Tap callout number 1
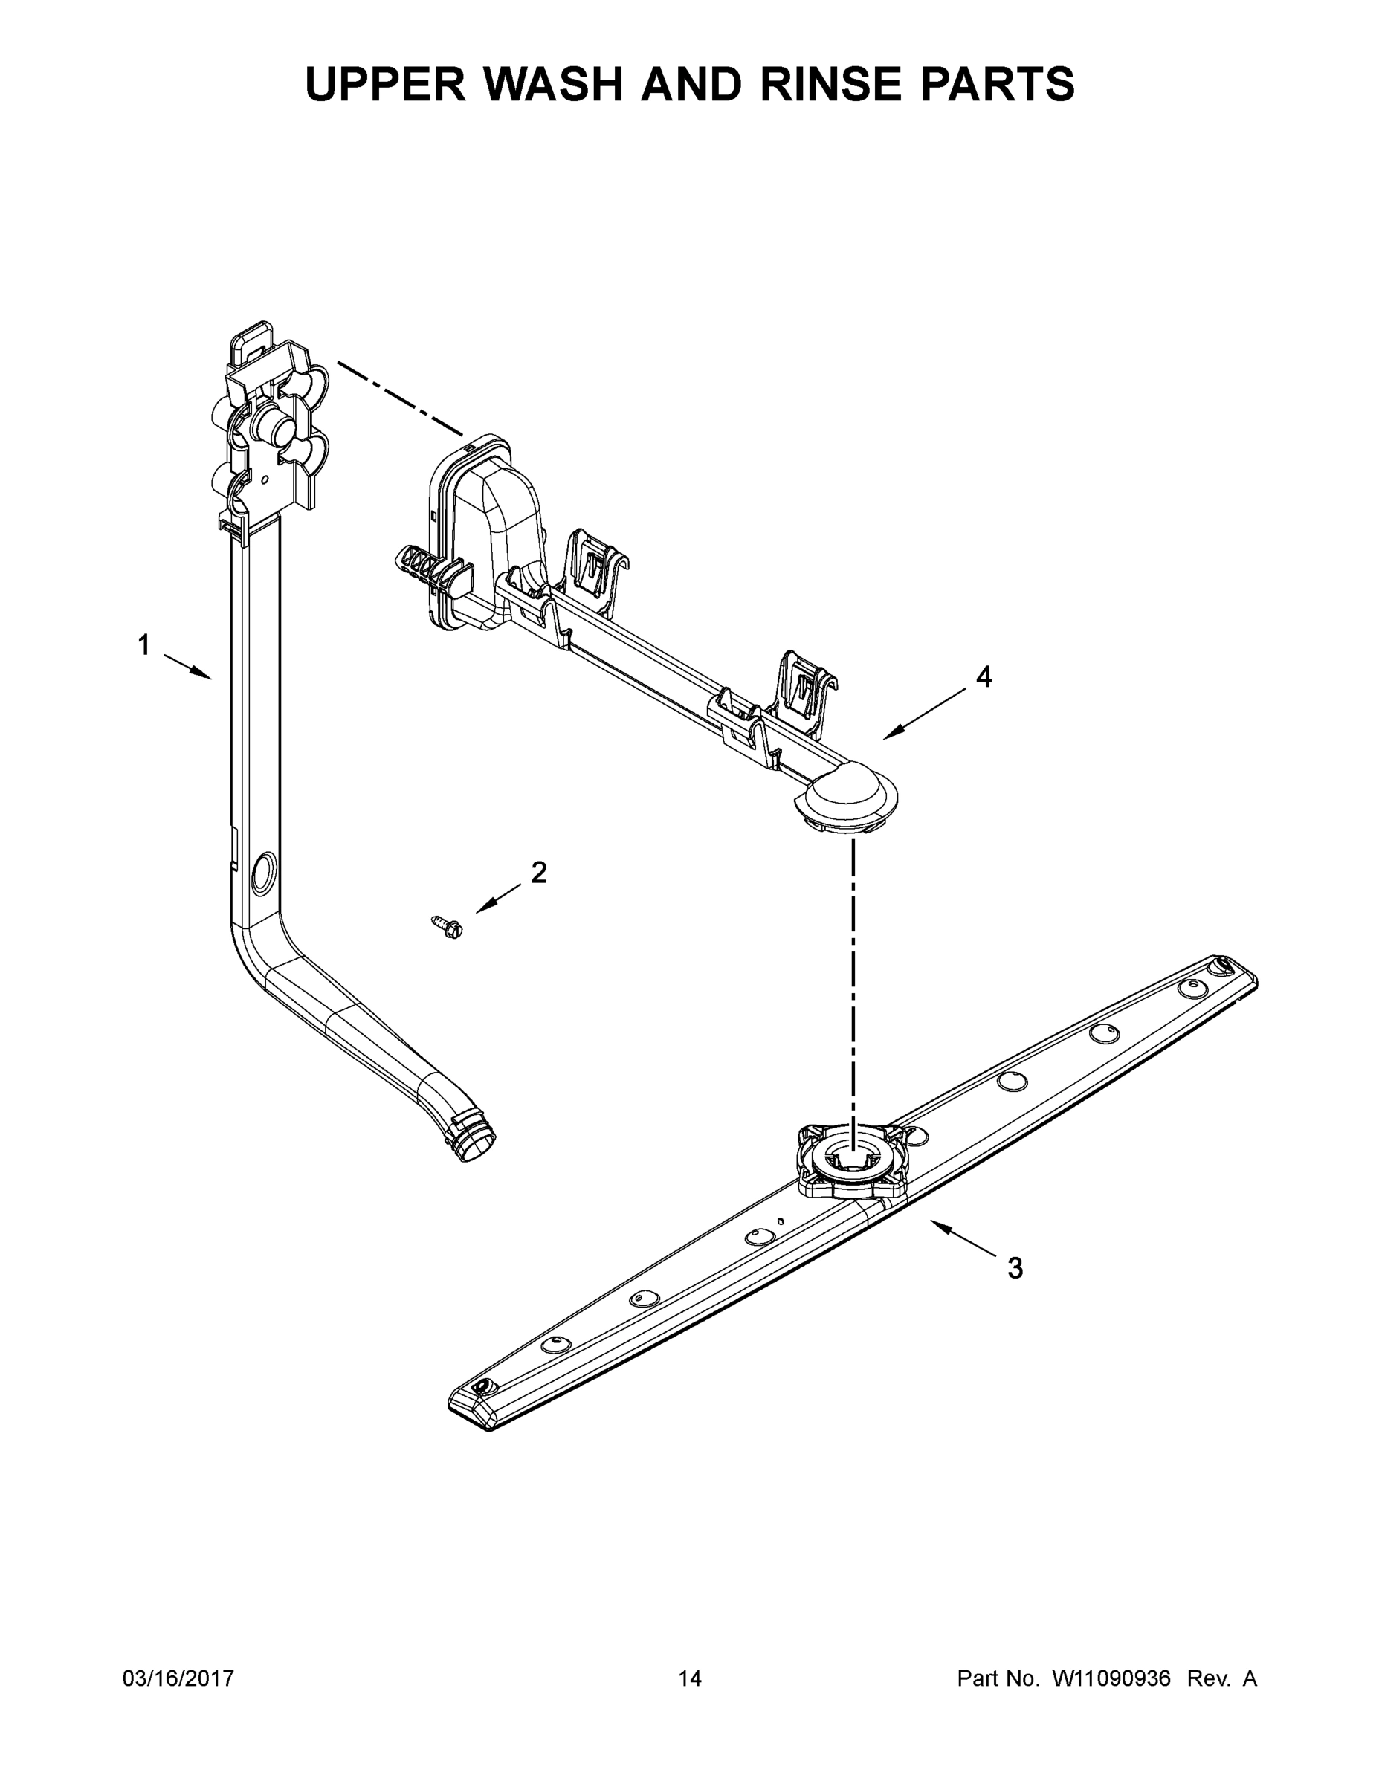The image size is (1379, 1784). (x=143, y=645)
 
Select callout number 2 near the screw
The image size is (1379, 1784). (x=538, y=873)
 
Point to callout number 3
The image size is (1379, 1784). (x=1015, y=1269)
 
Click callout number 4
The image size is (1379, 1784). (x=984, y=676)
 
